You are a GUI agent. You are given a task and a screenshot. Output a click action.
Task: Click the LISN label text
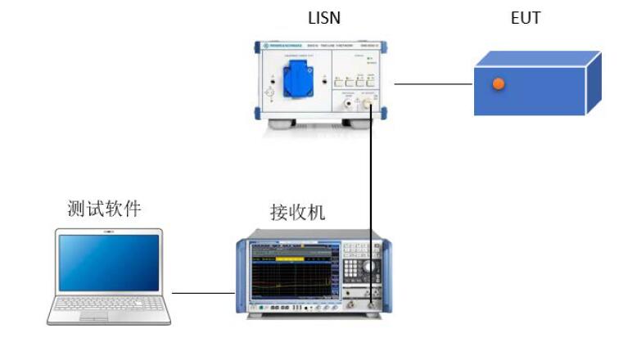(325, 18)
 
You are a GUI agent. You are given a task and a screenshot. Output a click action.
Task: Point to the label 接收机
(298, 213)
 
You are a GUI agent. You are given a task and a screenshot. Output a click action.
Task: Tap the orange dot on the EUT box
(497, 83)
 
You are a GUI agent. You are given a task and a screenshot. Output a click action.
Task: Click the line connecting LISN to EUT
(433, 83)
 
